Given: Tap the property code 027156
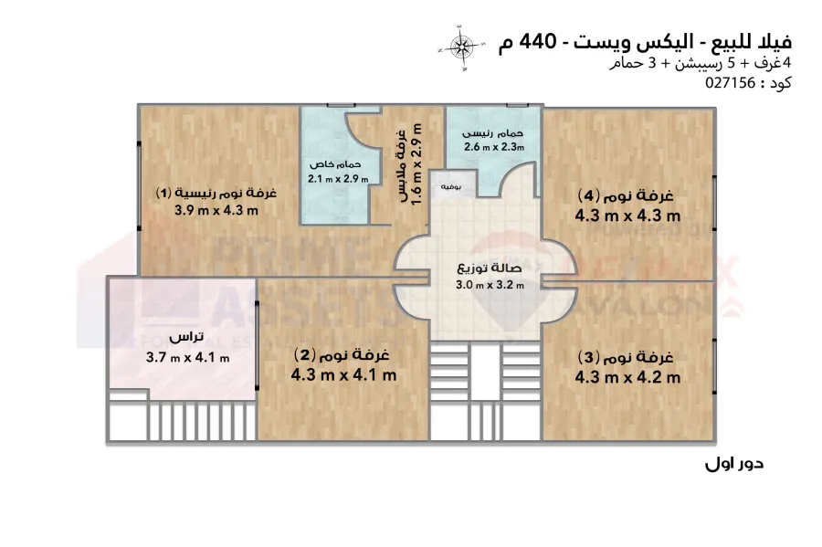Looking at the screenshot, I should (x=731, y=82).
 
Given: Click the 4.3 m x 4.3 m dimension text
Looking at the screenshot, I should (x=627, y=216).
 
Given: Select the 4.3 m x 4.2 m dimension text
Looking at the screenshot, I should (x=627, y=376).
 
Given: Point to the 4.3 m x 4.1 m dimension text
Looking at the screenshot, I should (x=343, y=374).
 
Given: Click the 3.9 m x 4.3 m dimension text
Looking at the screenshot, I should (x=216, y=210).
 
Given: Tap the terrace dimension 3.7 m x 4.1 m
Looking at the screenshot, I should (x=187, y=357).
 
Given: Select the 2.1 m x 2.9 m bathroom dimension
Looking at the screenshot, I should (x=338, y=179).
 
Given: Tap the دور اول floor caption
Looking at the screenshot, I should (x=733, y=463).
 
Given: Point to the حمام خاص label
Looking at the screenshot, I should (x=332, y=164).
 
